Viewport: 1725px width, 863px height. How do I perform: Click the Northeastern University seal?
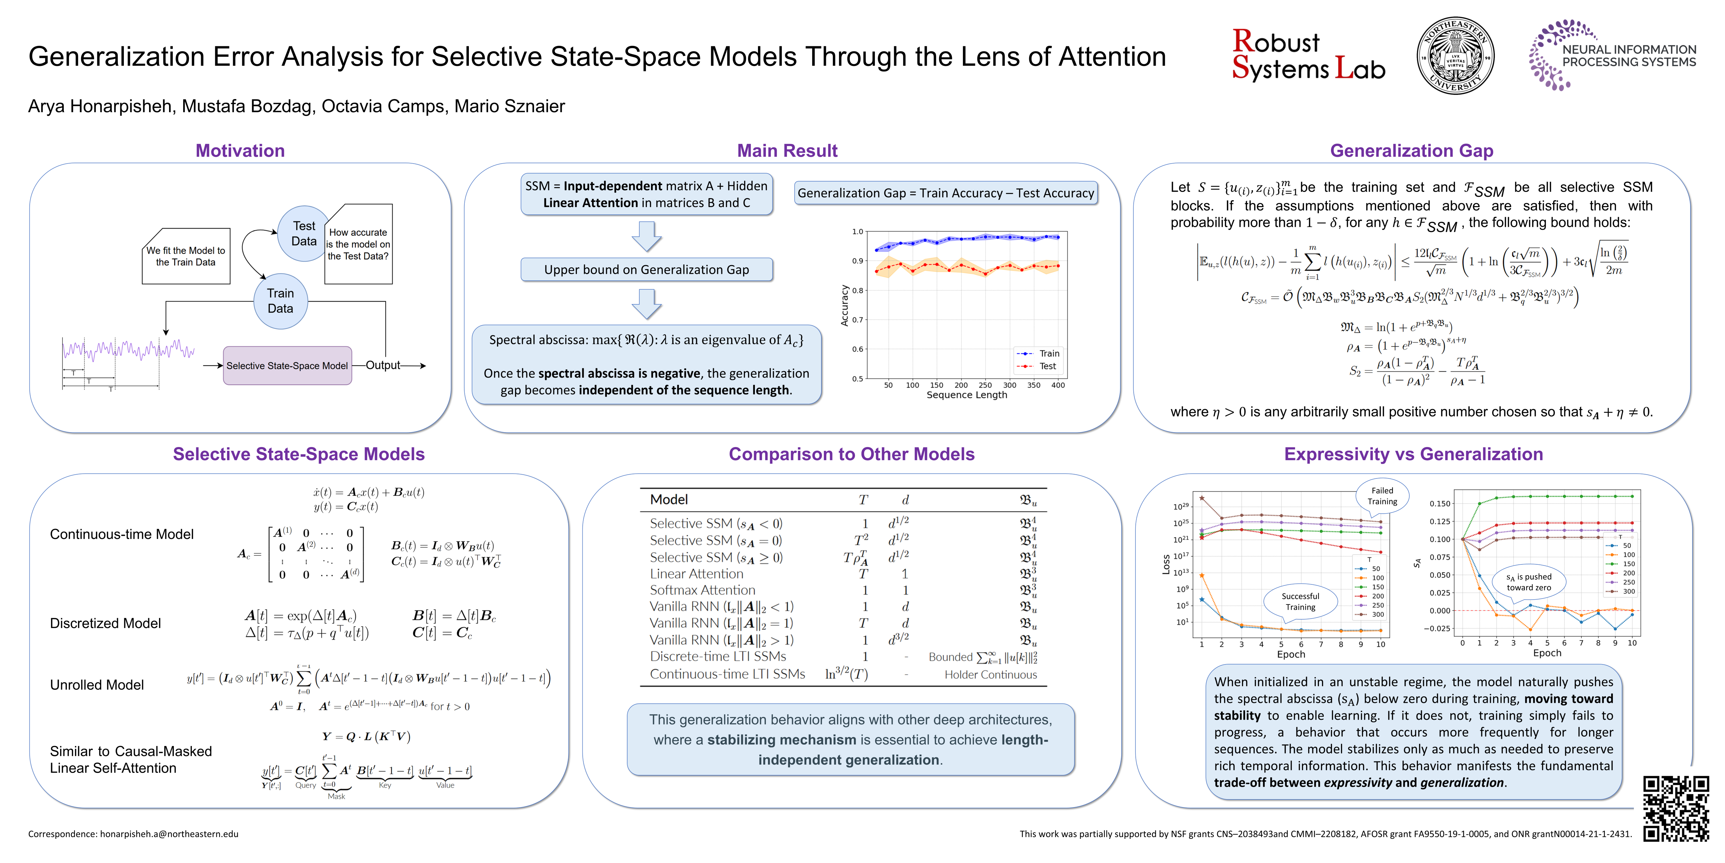tap(1455, 56)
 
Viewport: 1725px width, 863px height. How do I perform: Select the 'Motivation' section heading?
tap(240, 151)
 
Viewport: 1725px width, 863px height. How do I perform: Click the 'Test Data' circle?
tap(303, 233)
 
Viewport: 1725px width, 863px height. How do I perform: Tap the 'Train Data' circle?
tap(280, 301)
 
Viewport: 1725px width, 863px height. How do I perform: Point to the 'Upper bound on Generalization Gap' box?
tap(646, 269)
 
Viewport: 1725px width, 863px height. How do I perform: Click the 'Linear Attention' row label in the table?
tap(697, 573)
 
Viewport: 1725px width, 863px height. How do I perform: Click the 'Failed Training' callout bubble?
tap(1382, 496)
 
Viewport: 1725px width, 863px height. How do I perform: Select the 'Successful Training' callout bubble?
tap(1300, 601)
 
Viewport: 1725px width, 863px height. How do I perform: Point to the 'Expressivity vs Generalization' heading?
tap(1413, 454)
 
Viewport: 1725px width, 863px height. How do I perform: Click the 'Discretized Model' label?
tap(105, 623)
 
